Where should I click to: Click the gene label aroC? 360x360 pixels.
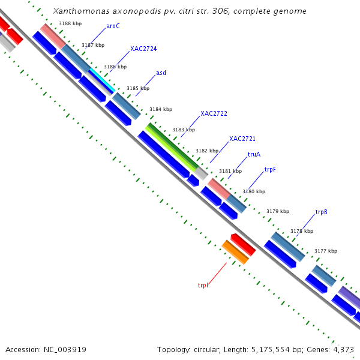113,26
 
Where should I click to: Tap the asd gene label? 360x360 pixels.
161,73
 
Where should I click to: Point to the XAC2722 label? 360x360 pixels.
214,113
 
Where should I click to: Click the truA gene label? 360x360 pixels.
254,154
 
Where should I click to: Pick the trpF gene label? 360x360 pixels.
270,170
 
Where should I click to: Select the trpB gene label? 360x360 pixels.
321,212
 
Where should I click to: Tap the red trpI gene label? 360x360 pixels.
203,285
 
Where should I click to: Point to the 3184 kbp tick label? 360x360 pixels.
161,109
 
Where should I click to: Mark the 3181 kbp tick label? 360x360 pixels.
230,171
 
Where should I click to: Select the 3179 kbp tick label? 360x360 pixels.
278,211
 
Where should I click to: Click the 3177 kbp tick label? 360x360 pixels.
326,251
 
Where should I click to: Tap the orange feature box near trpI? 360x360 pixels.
235,252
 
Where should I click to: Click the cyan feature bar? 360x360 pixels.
102,80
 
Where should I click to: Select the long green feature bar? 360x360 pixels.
173,146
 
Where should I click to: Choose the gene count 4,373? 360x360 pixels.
344,349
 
